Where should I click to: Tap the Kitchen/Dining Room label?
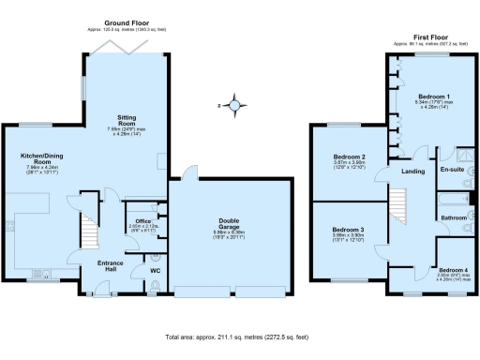(42, 159)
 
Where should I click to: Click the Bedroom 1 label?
(434, 97)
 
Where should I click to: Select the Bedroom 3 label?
(348, 230)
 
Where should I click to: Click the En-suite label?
(451, 171)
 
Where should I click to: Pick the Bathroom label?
(454, 217)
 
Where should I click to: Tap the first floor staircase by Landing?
(399, 202)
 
